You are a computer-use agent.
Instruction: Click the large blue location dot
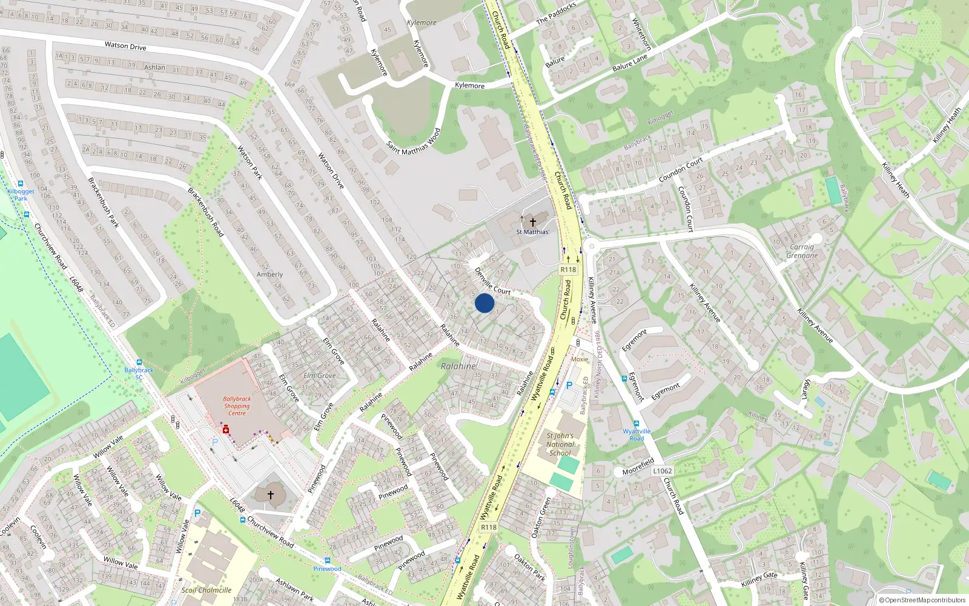click(x=484, y=303)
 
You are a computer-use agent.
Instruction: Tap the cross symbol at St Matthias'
click(x=533, y=222)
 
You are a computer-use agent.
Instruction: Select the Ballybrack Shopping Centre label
click(x=237, y=406)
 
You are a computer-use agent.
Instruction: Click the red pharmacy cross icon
click(x=226, y=429)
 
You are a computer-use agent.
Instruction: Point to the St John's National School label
click(x=560, y=444)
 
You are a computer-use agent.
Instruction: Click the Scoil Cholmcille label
click(x=207, y=590)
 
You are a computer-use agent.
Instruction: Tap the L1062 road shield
click(x=663, y=471)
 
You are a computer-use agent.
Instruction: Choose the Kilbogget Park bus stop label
click(x=21, y=195)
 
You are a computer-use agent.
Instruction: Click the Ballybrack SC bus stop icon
click(x=139, y=362)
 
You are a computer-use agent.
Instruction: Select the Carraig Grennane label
click(x=802, y=251)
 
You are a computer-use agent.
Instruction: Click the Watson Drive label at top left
click(x=125, y=45)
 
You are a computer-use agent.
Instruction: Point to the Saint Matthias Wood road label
click(x=414, y=141)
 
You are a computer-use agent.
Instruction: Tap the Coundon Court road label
click(x=681, y=170)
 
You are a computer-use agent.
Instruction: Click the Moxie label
click(x=580, y=359)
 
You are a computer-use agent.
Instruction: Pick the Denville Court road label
click(x=493, y=282)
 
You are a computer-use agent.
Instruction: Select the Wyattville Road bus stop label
click(x=637, y=435)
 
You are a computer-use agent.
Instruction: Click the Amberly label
click(x=270, y=275)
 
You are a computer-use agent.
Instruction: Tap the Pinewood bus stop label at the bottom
click(x=327, y=568)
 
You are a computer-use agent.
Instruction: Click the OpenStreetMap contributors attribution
click(x=922, y=600)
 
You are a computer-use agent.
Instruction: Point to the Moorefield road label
click(x=638, y=467)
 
